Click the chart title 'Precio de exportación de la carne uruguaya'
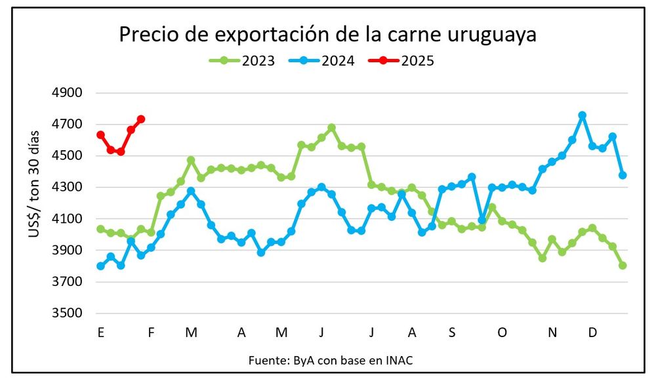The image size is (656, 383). pyautogui.click(x=327, y=34)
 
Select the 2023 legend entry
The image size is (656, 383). pyautogui.click(x=241, y=61)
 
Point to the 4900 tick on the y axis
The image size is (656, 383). pyautogui.click(x=66, y=92)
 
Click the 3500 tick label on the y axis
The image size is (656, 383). pyautogui.click(x=66, y=313)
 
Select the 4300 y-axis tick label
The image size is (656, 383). pyautogui.click(x=66, y=187)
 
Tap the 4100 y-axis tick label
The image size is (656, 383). pyautogui.click(x=66, y=218)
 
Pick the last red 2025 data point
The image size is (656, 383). pyautogui.click(x=141, y=119)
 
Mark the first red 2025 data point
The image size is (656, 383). pyautogui.click(x=100, y=134)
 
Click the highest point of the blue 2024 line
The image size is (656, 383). pyautogui.click(x=582, y=115)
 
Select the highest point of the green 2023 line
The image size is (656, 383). pyautogui.click(x=331, y=128)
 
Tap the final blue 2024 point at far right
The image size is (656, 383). pyautogui.click(x=623, y=175)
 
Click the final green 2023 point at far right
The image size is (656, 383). pyautogui.click(x=623, y=266)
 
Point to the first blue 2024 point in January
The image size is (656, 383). pyautogui.click(x=100, y=266)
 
